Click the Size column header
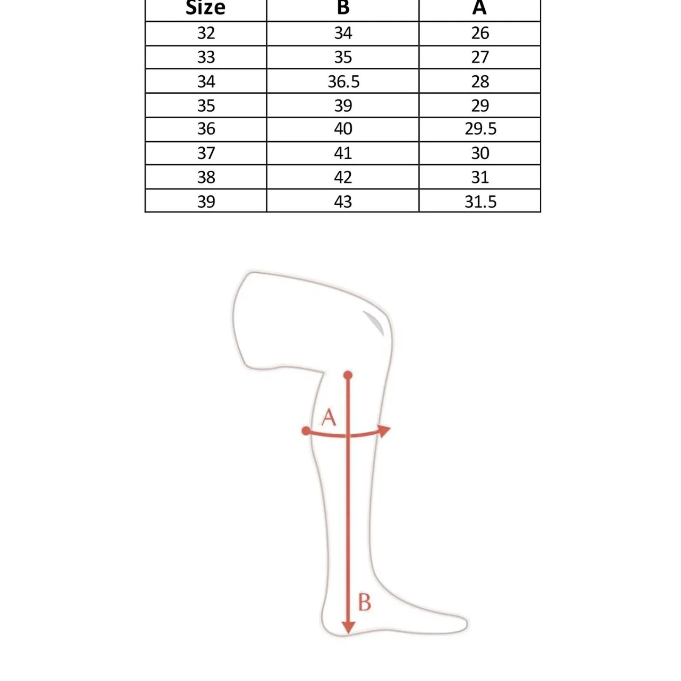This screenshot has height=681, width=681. (x=206, y=8)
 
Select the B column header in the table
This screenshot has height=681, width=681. (x=343, y=7)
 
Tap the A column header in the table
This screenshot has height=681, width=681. (x=480, y=7)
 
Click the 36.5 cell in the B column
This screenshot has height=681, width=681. (x=343, y=81)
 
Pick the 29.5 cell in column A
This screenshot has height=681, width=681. (x=481, y=129)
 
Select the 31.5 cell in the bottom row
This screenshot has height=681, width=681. (x=481, y=202)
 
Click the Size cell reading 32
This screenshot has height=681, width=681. (x=206, y=33)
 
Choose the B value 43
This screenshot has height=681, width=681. (x=343, y=202)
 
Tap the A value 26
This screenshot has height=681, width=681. (x=480, y=33)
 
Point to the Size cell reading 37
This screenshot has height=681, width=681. (x=206, y=153)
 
